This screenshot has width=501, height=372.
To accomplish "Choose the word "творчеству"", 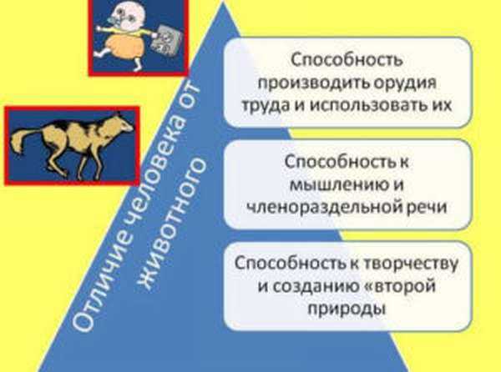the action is [410, 264].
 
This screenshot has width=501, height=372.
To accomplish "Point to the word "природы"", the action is [347, 309].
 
